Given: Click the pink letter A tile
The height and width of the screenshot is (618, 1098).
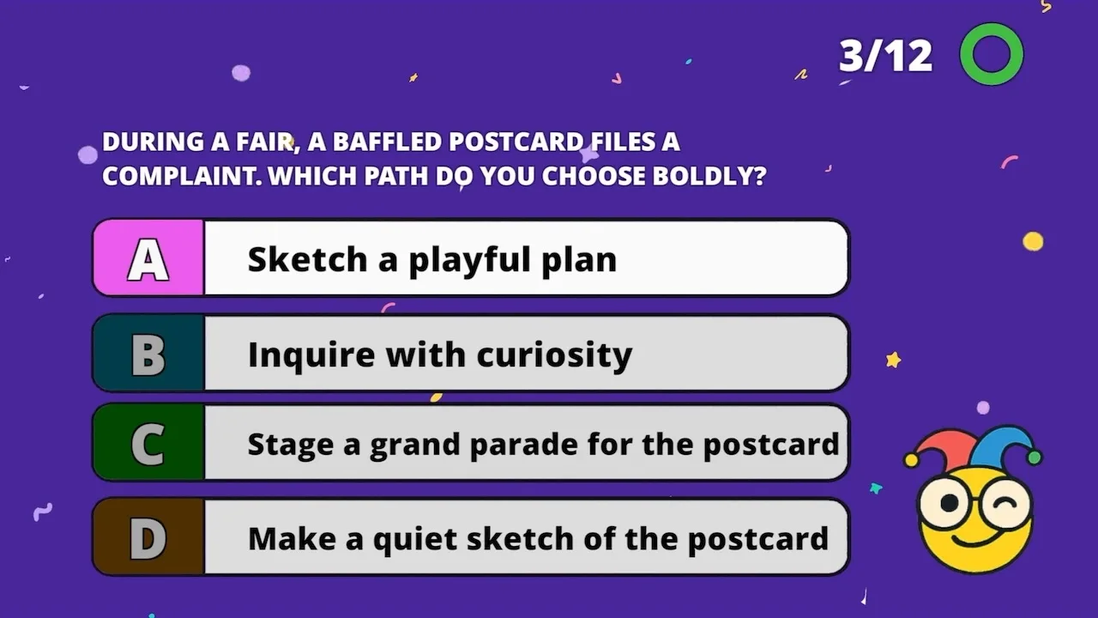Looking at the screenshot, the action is [149, 258].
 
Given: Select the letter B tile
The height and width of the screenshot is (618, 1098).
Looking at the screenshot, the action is [149, 353].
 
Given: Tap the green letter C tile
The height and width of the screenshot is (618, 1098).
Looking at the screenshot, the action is [149, 442].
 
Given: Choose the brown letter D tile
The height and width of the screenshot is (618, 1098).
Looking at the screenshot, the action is [149, 537].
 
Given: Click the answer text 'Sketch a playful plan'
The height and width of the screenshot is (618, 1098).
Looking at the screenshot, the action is [431, 260].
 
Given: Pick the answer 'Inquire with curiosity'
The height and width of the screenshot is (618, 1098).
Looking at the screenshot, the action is [440, 354].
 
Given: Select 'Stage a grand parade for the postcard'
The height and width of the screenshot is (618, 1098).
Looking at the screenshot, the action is [543, 445].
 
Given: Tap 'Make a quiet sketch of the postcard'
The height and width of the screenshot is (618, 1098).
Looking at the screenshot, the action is [538, 539].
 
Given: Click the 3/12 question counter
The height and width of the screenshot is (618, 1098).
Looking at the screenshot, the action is [885, 56].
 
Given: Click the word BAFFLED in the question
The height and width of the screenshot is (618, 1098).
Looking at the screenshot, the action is [387, 142].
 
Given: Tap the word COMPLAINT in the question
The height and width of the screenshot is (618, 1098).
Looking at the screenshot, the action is [182, 176].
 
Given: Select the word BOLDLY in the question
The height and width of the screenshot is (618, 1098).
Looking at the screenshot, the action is [709, 176].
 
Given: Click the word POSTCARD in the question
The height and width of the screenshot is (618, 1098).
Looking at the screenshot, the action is [516, 142].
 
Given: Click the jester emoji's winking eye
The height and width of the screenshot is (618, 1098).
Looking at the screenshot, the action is [1006, 503].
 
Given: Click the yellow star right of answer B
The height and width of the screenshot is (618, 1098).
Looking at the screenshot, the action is [893, 360].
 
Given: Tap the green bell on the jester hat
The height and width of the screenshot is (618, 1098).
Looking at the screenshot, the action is [1035, 457].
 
